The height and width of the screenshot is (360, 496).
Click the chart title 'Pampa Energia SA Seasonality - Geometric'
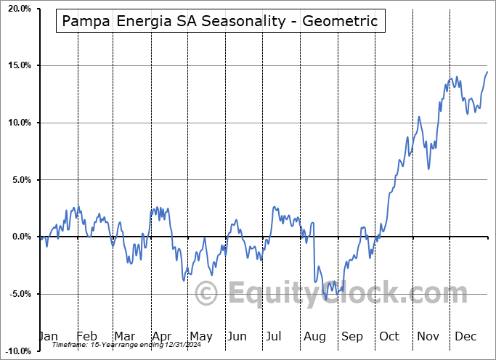tap(220, 21)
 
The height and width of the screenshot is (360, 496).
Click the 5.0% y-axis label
tap(20, 180)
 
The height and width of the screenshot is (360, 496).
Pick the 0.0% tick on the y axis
tap(20, 237)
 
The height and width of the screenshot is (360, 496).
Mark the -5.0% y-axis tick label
tap(18, 294)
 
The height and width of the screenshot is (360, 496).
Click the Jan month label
tap(48, 336)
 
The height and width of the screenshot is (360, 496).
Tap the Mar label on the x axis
tap(124, 336)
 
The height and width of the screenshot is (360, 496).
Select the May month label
tap(200, 336)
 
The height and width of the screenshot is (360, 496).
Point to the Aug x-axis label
tap(314, 336)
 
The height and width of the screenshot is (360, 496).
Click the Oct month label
tap(389, 336)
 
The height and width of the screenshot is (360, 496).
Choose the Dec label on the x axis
tap(465, 336)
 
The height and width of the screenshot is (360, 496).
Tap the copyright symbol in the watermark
tap(208, 294)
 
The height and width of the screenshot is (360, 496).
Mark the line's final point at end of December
tap(487, 72)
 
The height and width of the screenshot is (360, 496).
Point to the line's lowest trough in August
tap(327, 298)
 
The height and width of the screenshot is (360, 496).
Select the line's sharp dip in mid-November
tap(428, 168)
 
